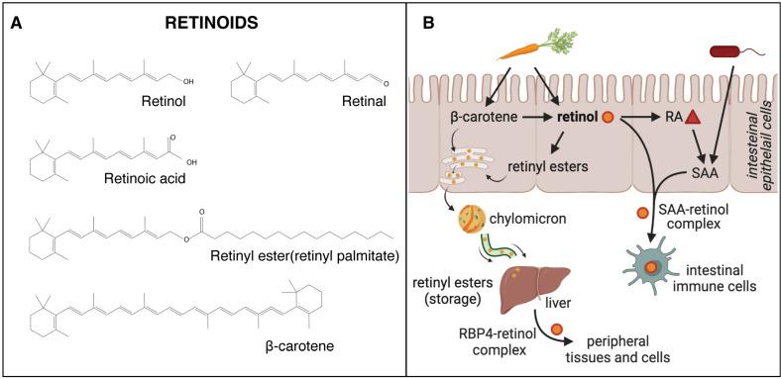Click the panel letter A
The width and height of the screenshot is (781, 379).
point(16,18)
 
